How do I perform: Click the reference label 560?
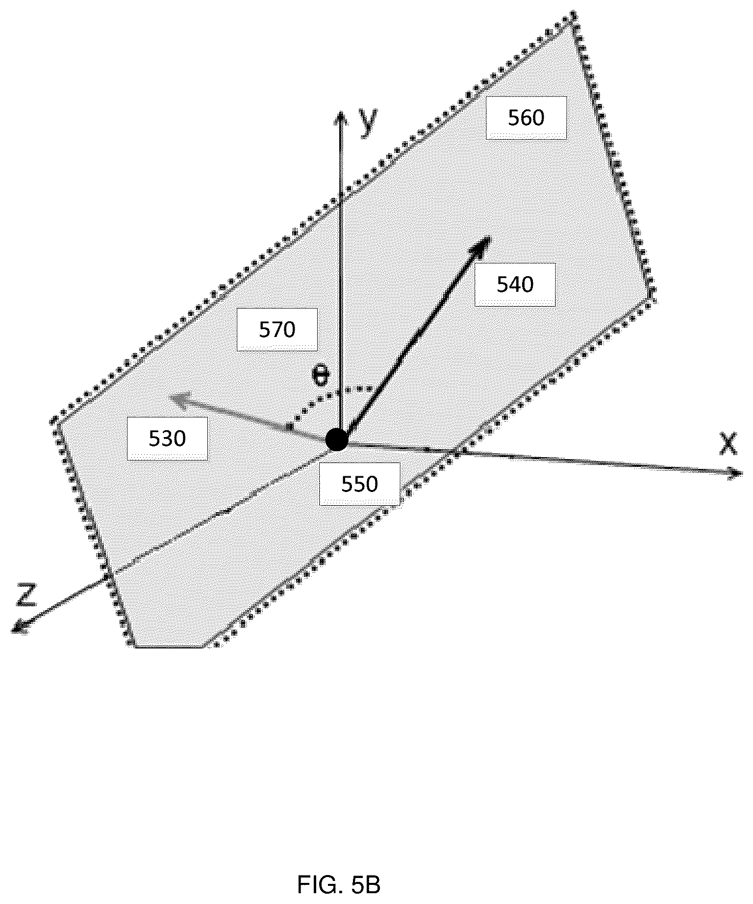tap(526, 118)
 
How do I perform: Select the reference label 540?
tap(515, 284)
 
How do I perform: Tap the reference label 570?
tap(277, 330)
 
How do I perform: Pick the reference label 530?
tap(167, 439)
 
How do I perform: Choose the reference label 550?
tap(360, 484)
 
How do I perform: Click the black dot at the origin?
tap(337, 439)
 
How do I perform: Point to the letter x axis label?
tap(728, 443)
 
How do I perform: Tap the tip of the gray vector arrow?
tap(170, 397)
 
